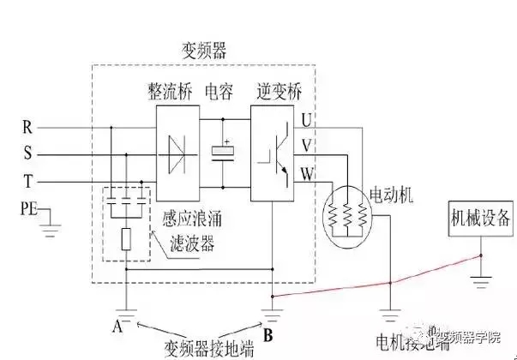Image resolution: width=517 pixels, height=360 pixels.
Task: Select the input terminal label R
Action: coord(27,129)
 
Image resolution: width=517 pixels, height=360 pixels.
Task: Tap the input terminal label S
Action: coord(27,155)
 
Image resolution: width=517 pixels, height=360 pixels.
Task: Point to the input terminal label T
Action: coord(27,182)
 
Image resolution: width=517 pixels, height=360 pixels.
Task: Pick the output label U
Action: coord(308,118)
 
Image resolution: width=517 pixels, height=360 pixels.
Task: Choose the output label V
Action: coord(308,145)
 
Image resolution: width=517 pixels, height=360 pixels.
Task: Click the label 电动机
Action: coord(391,195)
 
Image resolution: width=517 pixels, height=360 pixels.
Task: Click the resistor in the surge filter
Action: coord(126,239)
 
